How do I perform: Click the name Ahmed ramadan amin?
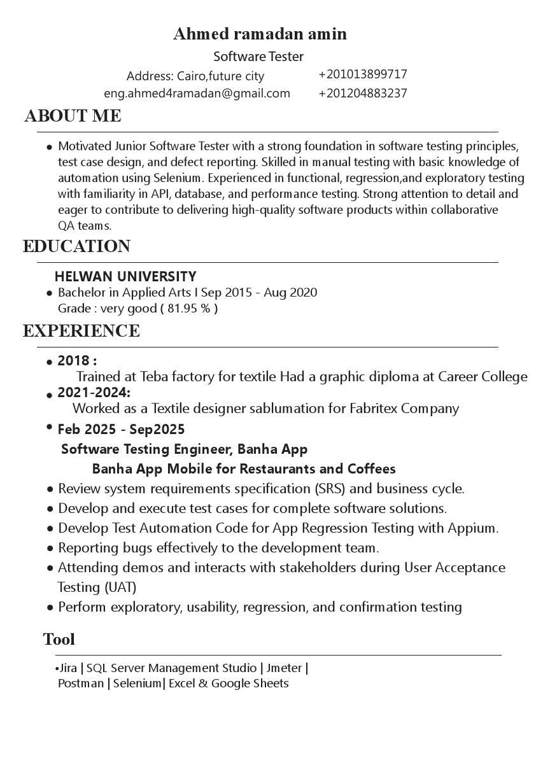260,34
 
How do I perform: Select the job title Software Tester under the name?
258,57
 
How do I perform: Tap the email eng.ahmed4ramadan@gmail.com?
197,94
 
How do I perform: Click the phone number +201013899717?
362,74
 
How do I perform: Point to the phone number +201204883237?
362,94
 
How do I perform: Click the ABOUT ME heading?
73,116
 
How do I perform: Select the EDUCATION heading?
76,246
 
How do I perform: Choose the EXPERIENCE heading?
81,331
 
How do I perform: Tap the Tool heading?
59,639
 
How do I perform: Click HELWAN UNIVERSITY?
125,276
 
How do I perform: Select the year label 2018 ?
77,361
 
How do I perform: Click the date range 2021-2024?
94,392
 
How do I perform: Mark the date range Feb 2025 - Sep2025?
121,430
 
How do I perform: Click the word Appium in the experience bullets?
475,528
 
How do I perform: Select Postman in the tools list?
80,684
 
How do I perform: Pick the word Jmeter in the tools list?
284,668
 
